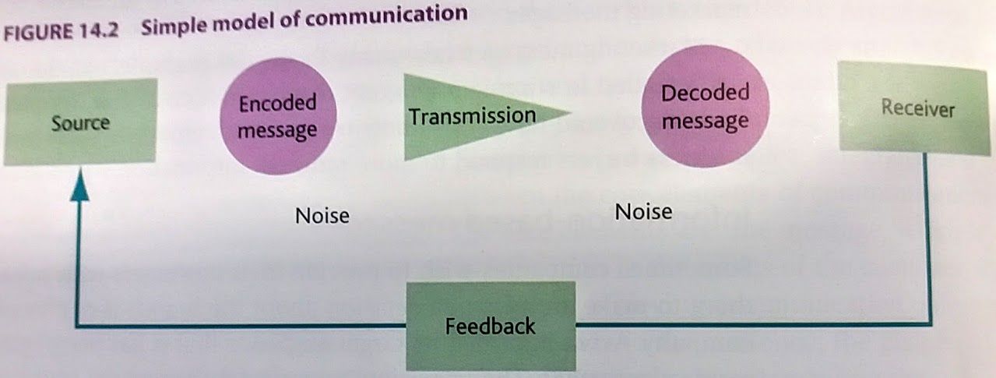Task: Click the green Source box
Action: click(79, 122)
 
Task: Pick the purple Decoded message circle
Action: click(705, 108)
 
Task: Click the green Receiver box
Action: click(917, 108)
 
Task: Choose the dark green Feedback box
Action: click(491, 325)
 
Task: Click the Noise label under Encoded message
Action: click(322, 215)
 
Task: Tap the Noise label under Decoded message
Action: click(644, 210)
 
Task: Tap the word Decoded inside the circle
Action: click(705, 94)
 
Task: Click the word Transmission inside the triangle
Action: click(473, 117)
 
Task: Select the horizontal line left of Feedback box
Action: click(241, 325)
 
